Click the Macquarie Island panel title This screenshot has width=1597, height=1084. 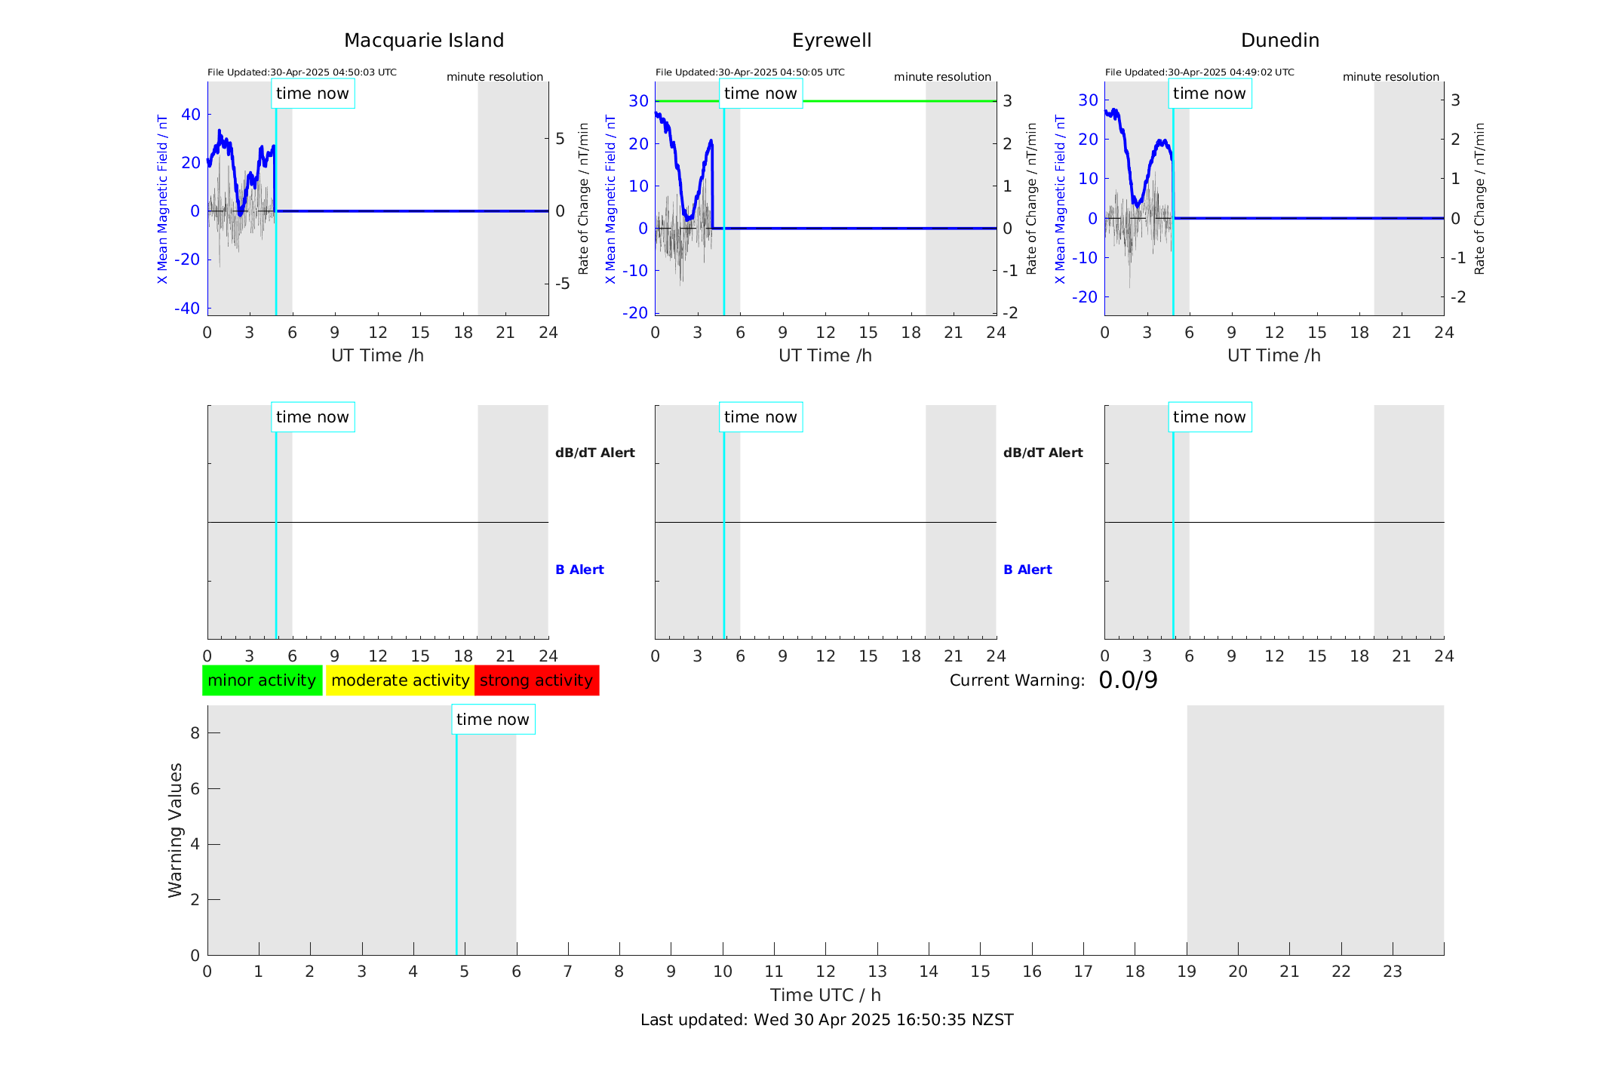click(x=424, y=41)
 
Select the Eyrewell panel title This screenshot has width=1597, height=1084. click(x=831, y=41)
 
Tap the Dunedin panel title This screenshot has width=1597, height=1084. click(x=1279, y=41)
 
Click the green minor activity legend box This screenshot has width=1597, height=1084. click(x=262, y=680)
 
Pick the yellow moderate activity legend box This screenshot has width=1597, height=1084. click(x=400, y=680)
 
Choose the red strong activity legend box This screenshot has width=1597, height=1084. click(x=536, y=680)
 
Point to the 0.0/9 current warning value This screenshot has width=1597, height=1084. click(x=1128, y=680)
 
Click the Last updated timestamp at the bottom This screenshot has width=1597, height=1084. click(x=827, y=1020)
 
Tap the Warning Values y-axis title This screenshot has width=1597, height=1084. click(x=175, y=830)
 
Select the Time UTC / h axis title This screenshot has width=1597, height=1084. click(x=825, y=995)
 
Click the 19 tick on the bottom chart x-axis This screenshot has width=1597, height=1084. click(x=1187, y=972)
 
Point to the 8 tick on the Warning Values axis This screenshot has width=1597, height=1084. click(x=195, y=733)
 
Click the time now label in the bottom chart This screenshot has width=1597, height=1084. click(x=493, y=720)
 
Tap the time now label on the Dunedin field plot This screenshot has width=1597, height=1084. click(x=1209, y=94)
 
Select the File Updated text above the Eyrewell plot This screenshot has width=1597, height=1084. click(x=750, y=72)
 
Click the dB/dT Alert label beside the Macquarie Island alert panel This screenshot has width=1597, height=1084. click(x=594, y=453)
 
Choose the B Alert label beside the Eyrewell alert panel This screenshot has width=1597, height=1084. click(x=1027, y=570)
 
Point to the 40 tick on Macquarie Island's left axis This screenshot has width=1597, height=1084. click(x=191, y=115)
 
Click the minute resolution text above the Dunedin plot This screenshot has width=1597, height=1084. click(x=1390, y=77)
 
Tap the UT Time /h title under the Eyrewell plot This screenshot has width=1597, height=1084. click(x=825, y=355)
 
